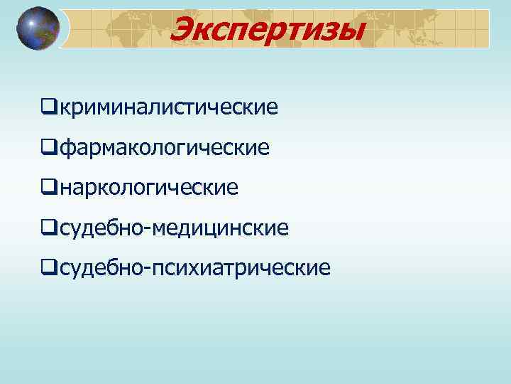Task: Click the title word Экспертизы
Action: [268, 30]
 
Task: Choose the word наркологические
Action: [148, 188]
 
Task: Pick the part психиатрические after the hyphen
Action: [237, 268]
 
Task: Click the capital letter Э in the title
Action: [186, 30]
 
